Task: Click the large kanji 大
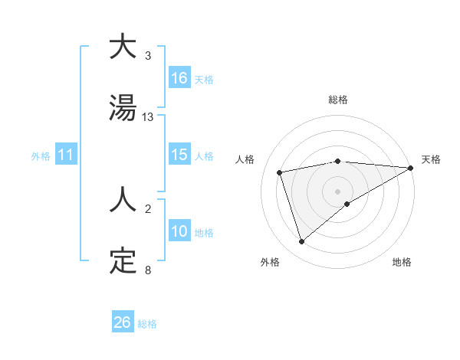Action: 123,47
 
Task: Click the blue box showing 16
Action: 179,78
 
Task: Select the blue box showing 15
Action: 179,155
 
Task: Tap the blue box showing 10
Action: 179,231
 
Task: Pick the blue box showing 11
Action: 66,155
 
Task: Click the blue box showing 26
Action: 123,322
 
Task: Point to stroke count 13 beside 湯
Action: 148,117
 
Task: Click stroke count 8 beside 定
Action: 148,270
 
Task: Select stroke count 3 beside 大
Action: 148,56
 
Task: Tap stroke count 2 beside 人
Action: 148,209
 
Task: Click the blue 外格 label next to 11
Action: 41,155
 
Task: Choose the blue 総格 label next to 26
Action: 147,324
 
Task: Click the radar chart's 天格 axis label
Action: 432,159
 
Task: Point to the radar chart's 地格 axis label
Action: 402,262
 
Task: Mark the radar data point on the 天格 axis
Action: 411,168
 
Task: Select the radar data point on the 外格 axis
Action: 301,242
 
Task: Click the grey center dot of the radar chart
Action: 337,191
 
